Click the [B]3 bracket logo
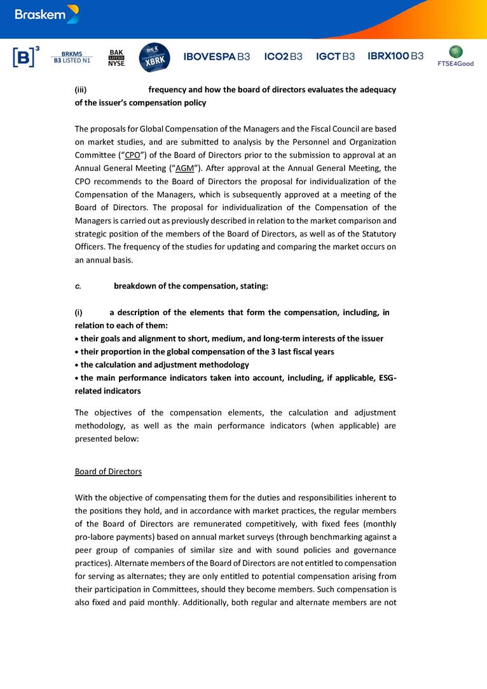[26, 57]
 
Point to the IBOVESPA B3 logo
[217, 57]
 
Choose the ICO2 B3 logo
[283, 57]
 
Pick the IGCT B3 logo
[335, 57]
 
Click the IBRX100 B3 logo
[395, 57]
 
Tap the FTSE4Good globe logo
[456, 55]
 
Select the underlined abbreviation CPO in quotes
[133, 155]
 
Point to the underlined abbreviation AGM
[184, 168]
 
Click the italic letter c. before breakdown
[78, 286]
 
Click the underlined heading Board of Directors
[108, 472]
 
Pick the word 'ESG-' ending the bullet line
[386, 378]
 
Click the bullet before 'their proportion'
[77, 352]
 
